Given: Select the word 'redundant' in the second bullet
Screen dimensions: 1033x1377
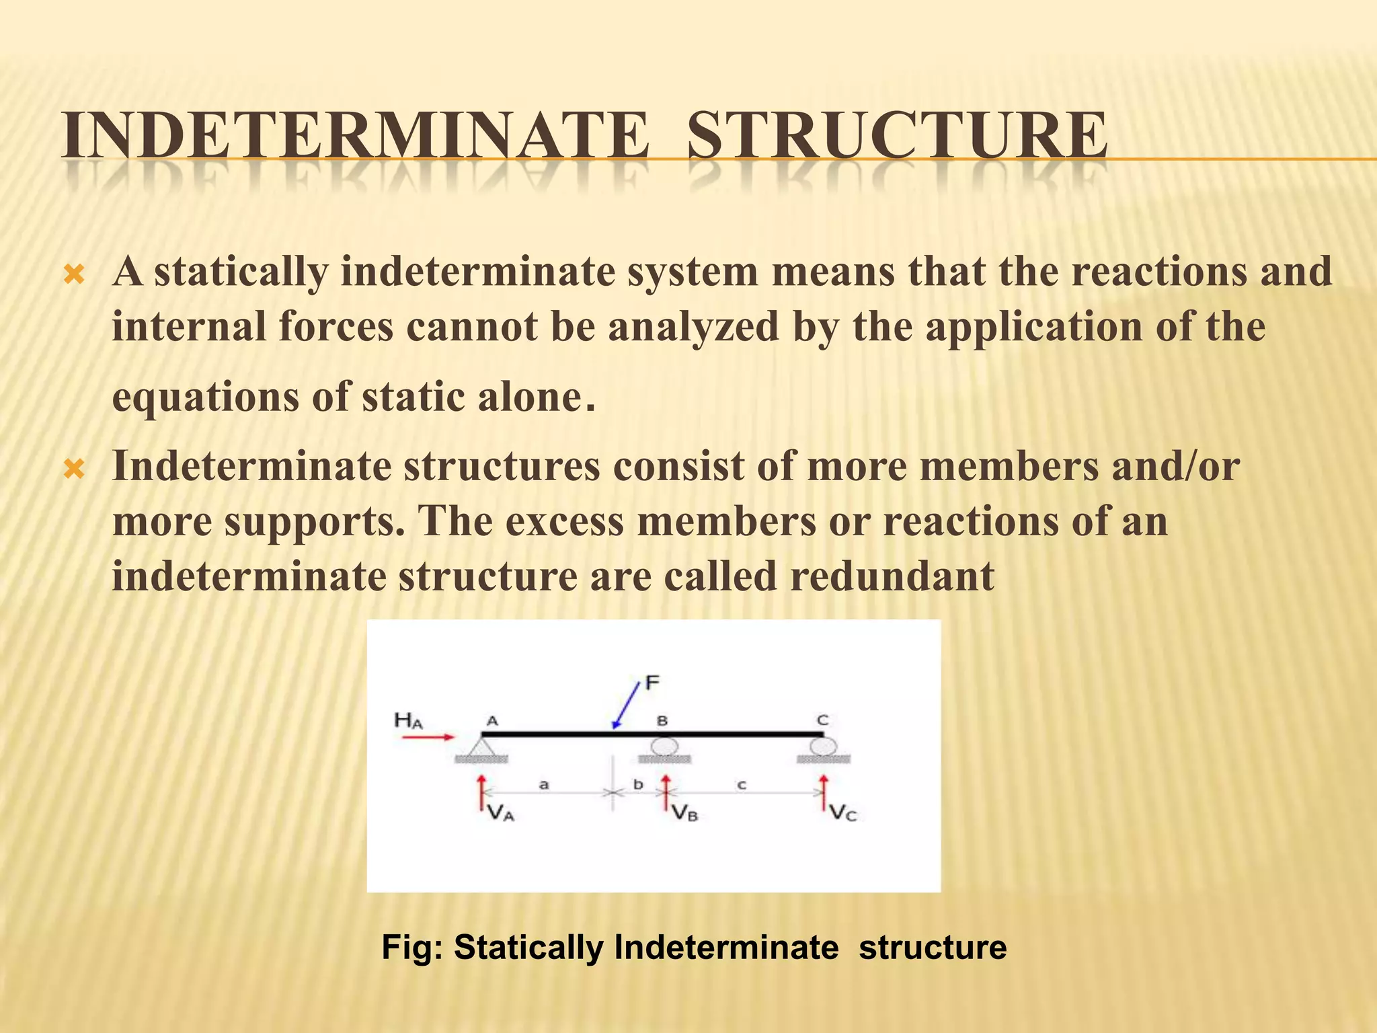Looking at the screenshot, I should [x=892, y=576].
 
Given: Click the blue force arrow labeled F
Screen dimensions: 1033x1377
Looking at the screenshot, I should [x=625, y=704].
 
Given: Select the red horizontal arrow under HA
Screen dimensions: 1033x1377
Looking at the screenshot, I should [x=428, y=737].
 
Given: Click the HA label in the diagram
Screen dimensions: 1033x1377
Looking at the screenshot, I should [x=408, y=721].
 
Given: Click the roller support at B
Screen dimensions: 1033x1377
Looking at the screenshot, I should [x=663, y=747].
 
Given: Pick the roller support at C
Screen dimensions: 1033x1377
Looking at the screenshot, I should [x=822, y=747].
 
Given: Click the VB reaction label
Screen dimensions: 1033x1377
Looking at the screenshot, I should [x=684, y=814].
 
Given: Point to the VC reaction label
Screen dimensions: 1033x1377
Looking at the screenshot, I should [x=843, y=814].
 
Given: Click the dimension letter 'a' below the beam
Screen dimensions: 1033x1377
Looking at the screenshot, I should [x=545, y=784].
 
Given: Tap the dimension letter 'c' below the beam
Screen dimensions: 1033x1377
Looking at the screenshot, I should [x=742, y=784].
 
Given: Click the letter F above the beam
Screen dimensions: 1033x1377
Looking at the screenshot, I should [x=652, y=683].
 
